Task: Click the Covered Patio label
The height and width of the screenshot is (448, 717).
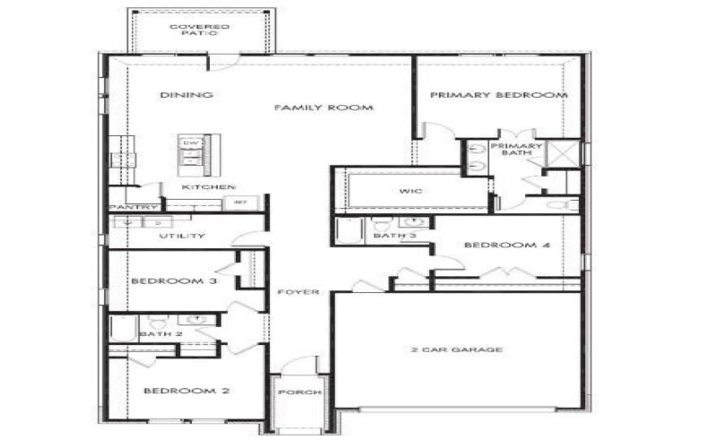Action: [199, 31]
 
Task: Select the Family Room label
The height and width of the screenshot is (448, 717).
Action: [323, 108]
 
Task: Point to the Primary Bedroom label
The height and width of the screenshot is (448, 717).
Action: [498, 95]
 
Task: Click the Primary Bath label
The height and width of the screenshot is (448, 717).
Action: [516, 150]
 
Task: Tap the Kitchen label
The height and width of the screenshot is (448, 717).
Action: [209, 187]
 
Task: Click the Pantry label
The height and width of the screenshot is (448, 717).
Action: [127, 207]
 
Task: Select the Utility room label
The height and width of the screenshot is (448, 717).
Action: [182, 237]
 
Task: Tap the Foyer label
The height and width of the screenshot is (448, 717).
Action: [298, 292]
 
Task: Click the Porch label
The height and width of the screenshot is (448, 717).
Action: [293, 392]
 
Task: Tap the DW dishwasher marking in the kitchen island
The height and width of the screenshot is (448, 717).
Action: [190, 143]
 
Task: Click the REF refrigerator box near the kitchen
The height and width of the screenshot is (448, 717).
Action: [240, 202]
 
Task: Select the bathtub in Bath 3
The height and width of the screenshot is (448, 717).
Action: [350, 231]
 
